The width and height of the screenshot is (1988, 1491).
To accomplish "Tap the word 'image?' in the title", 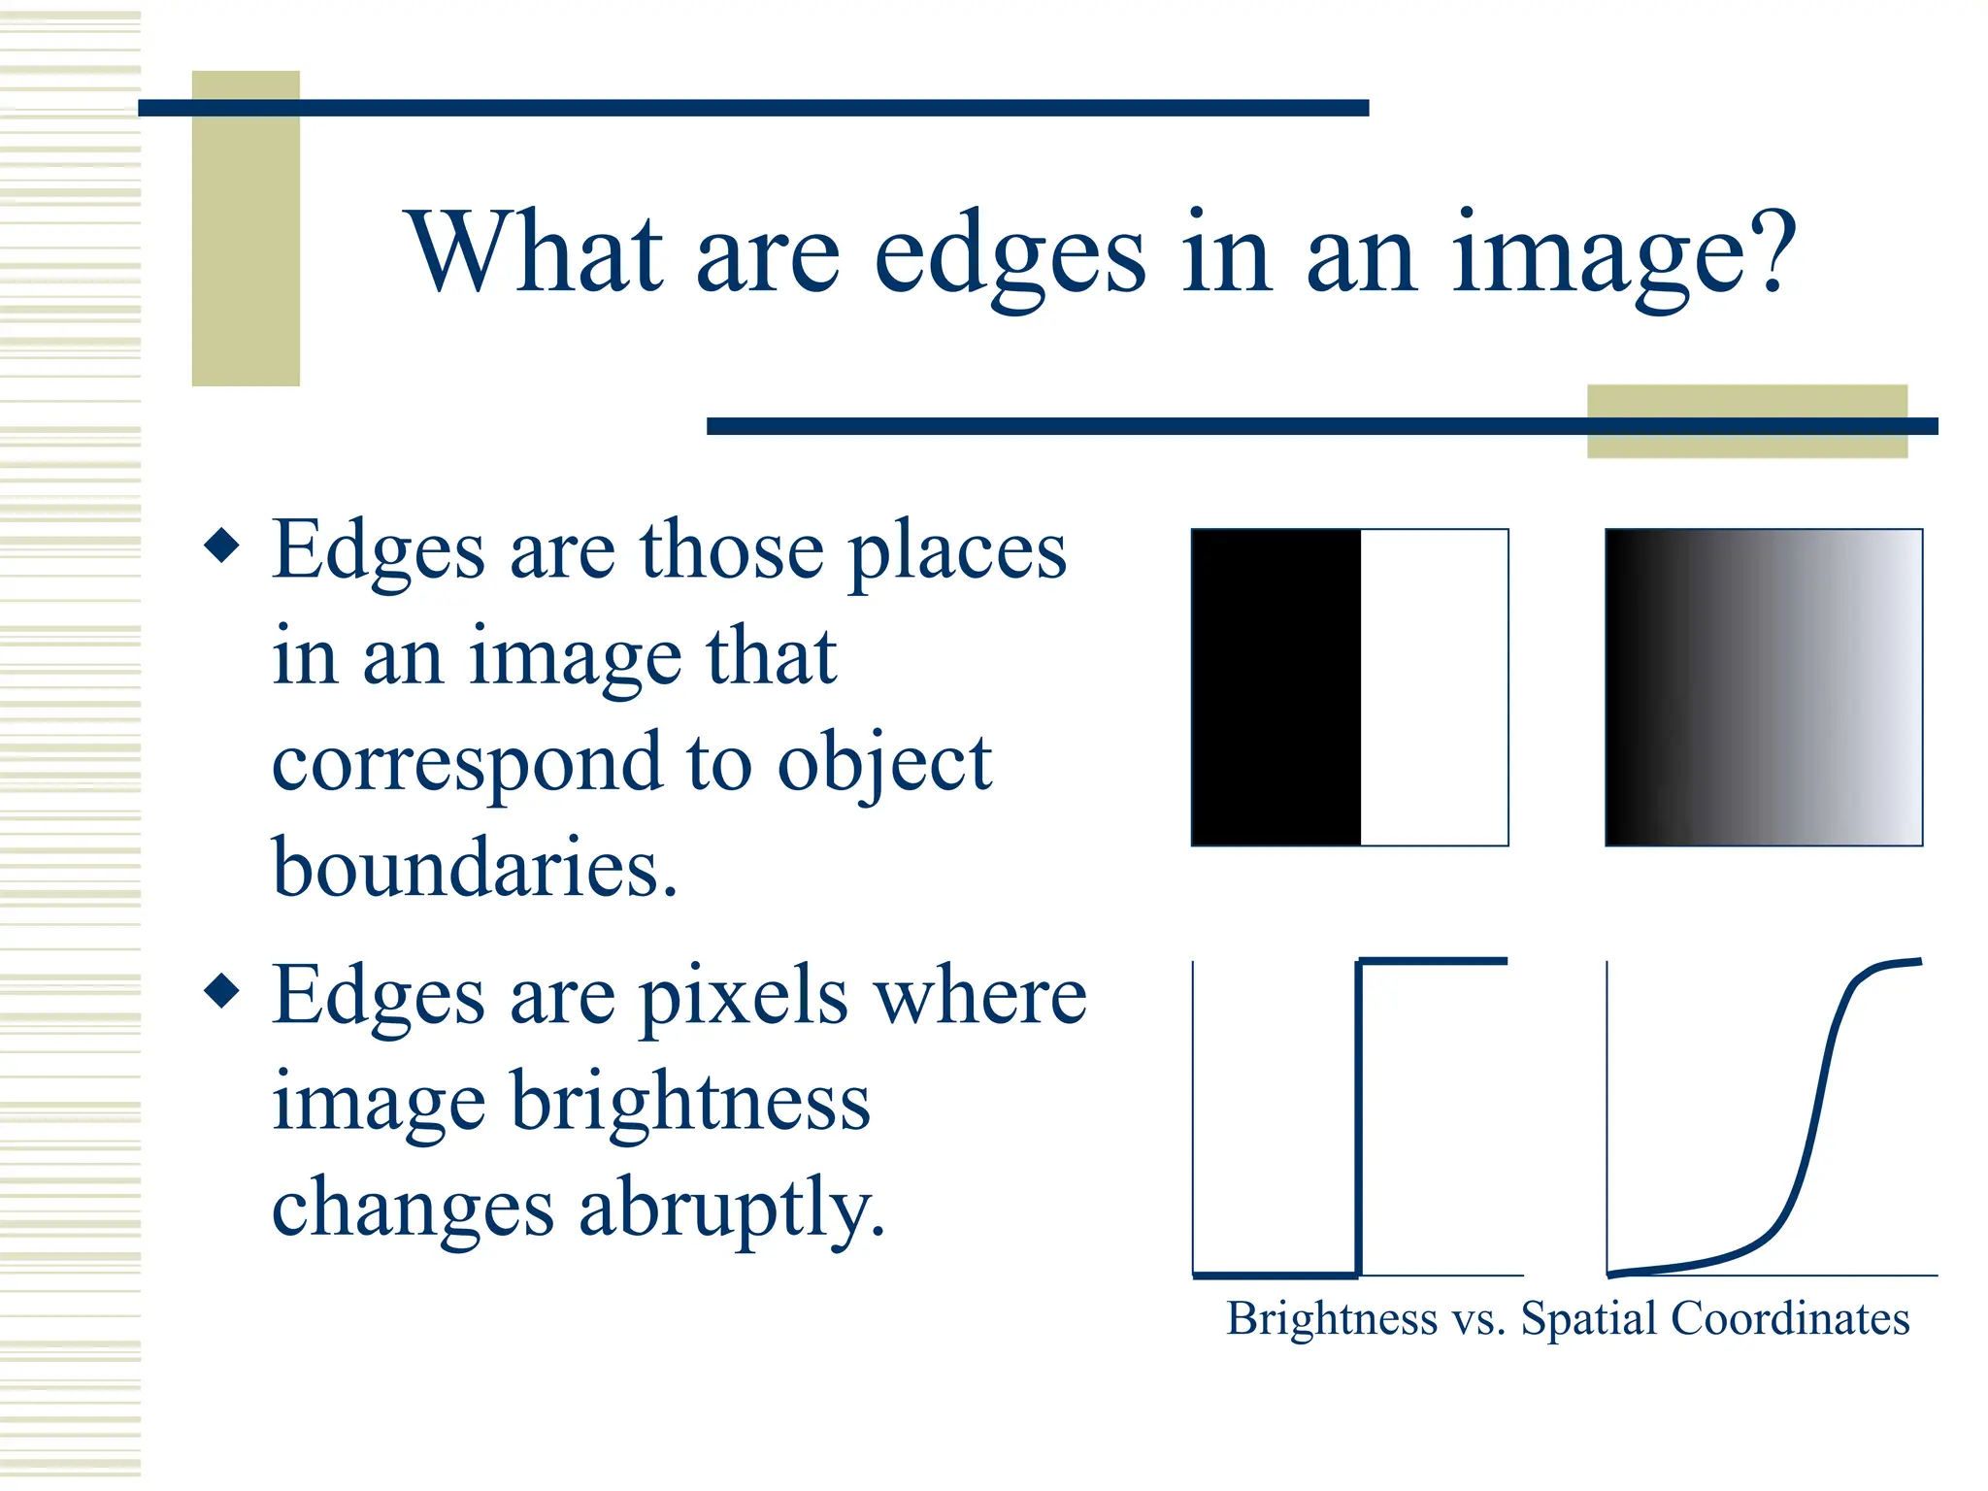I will point(1624,254).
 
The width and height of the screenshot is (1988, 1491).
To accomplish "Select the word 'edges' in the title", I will point(1010,254).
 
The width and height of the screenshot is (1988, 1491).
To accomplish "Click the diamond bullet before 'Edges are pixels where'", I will point(222,991).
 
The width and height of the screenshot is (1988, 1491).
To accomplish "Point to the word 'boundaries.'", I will point(475,867).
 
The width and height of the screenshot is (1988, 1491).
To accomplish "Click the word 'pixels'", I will point(744,996).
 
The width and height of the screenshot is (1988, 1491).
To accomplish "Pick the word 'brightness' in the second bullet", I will point(690,1102).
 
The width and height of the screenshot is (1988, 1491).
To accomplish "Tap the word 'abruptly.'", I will point(732,1209).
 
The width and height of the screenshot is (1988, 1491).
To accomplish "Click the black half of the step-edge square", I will point(1276,687).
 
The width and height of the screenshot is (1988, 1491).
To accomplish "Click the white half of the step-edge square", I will point(1435,687).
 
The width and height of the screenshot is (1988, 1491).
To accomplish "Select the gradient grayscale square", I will point(1764,687).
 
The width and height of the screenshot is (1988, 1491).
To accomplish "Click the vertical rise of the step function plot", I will point(1358,1116).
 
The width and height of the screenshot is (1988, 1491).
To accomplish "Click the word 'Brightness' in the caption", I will point(1331,1319).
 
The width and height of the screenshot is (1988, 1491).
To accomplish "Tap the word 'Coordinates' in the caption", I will point(1790,1319).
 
